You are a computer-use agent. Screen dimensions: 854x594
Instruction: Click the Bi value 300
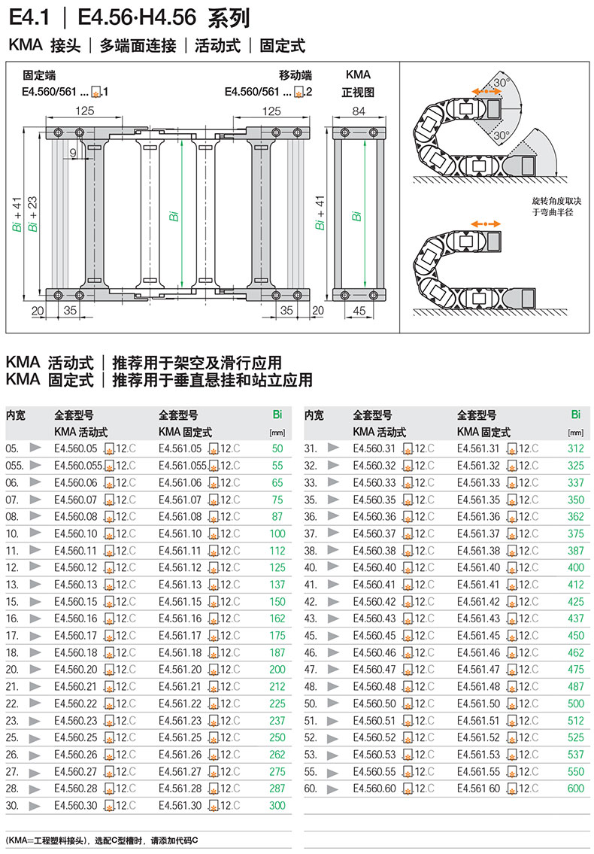[277, 807]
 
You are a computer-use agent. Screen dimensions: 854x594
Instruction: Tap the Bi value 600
[576, 789]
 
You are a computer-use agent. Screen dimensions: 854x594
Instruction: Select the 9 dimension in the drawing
[73, 153]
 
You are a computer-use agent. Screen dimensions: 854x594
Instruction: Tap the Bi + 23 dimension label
[32, 214]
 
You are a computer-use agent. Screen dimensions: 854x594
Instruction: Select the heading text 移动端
[295, 75]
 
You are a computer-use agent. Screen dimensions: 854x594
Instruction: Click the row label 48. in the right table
[312, 687]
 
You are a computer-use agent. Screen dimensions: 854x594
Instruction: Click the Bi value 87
[277, 517]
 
